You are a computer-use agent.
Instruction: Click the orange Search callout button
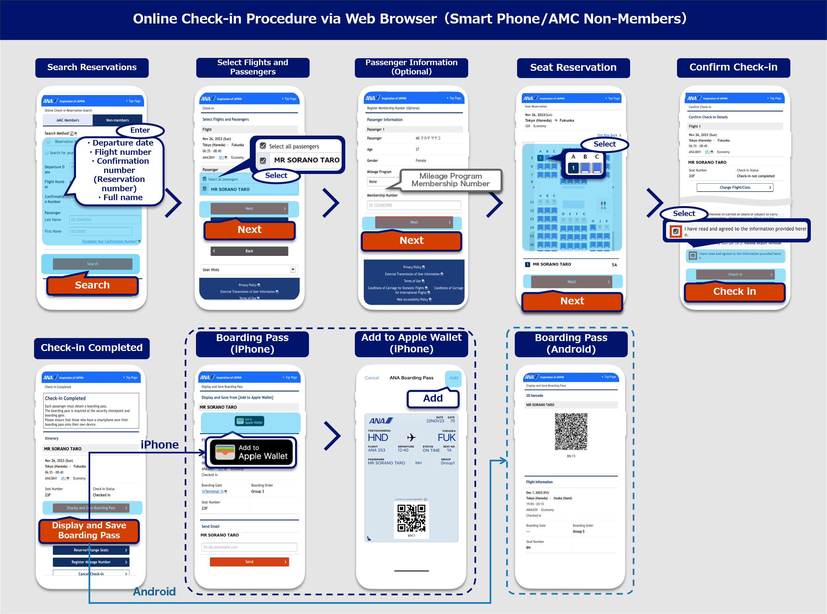point(92,285)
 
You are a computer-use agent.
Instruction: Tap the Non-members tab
point(117,120)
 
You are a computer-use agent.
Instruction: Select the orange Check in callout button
point(734,291)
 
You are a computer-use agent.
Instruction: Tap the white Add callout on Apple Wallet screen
point(433,398)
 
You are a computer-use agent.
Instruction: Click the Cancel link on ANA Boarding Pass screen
point(372,377)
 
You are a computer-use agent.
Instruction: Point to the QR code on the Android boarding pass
point(571,431)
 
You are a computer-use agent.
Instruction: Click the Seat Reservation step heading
point(573,67)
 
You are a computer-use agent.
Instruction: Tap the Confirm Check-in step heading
point(733,67)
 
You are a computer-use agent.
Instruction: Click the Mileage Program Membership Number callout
point(451,180)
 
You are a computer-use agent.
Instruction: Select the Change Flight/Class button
point(734,187)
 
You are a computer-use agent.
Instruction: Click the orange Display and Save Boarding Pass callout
point(89,530)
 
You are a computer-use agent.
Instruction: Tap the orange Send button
point(249,562)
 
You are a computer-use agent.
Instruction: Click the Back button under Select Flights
point(249,251)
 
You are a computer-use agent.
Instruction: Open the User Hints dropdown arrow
point(293,270)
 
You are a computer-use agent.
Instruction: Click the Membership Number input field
point(414,205)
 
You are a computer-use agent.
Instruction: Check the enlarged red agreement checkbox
point(676,231)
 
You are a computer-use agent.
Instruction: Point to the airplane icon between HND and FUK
point(411,437)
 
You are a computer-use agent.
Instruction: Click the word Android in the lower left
point(154,591)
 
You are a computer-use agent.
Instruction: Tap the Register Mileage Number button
point(91,562)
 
